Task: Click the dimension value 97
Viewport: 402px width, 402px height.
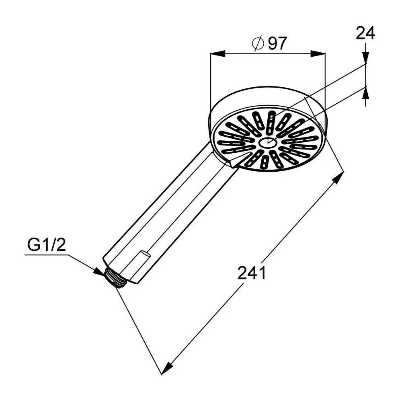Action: point(277,43)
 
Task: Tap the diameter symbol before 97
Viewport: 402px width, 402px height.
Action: point(258,44)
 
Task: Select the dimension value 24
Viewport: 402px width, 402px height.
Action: point(365,33)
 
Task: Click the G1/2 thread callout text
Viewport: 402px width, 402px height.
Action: point(47,245)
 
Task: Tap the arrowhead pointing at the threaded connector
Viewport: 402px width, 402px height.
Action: point(100,272)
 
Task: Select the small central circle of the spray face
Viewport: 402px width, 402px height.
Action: point(268,143)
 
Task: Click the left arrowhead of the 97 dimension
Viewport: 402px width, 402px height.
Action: point(217,54)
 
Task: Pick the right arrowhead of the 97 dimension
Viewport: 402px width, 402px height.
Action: point(318,54)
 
